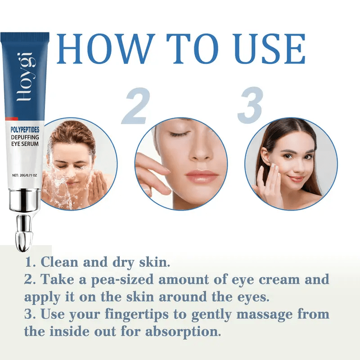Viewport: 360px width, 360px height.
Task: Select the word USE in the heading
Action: point(270,49)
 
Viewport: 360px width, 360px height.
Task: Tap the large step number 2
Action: point(136,106)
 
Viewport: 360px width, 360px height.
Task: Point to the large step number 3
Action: point(250,106)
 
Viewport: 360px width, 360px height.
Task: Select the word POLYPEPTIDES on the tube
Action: point(25,130)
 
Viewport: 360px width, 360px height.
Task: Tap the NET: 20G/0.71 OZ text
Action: point(24,175)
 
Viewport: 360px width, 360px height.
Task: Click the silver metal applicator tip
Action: point(24,234)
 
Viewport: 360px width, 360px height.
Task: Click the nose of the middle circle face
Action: point(200,153)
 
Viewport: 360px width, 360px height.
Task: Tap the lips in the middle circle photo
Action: point(201,175)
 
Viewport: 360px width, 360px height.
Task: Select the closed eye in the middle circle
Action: point(179,133)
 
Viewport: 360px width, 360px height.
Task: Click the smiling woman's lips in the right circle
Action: point(297,178)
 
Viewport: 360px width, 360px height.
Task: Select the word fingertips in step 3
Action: point(137,315)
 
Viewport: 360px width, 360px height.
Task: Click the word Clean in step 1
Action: point(59,262)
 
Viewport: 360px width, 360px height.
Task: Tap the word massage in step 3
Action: point(264,315)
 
